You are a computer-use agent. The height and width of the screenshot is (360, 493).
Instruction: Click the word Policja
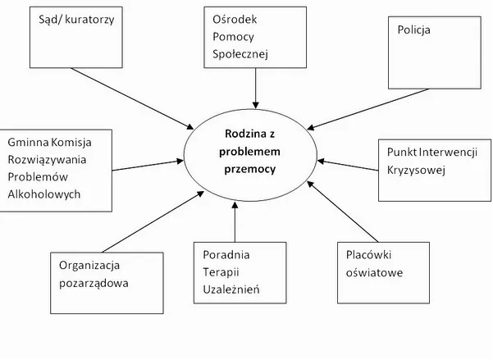tap(413, 30)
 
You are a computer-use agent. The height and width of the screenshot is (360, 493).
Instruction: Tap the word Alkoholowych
tap(43, 194)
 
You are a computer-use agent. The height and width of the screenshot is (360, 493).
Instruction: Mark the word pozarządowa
tap(94, 283)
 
